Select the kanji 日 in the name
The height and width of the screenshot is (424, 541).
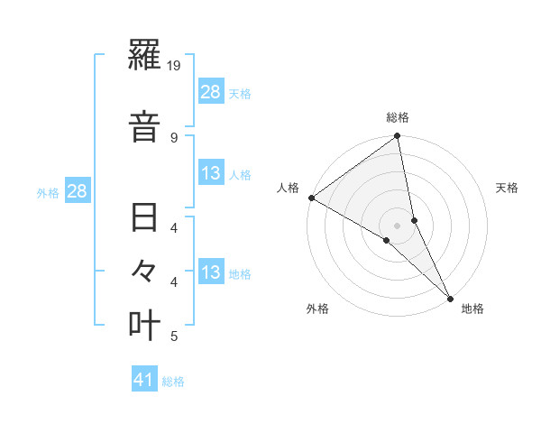pos(145,219)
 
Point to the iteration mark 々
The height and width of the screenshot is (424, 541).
pos(145,271)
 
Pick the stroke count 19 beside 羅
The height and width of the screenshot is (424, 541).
pos(176,66)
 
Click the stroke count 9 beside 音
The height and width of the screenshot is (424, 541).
pos(173,137)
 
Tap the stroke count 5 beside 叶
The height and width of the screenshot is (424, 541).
pos(173,336)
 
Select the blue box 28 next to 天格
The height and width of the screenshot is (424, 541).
pos(211,92)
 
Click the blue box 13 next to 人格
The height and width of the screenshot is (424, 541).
pos(211,173)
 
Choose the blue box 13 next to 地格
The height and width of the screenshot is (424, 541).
pos(211,272)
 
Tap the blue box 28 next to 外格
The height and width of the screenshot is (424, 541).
pos(77,191)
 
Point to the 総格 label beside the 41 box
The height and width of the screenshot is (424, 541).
pos(173,382)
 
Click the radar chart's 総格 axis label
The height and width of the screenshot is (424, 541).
pos(398,117)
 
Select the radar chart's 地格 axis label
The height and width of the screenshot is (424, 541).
pos(472,309)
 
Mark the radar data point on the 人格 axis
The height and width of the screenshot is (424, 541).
pos(311,198)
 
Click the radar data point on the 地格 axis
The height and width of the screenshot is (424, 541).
pos(449,297)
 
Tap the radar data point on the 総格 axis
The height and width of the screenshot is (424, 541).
pos(398,136)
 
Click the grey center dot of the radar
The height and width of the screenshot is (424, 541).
pos(398,224)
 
